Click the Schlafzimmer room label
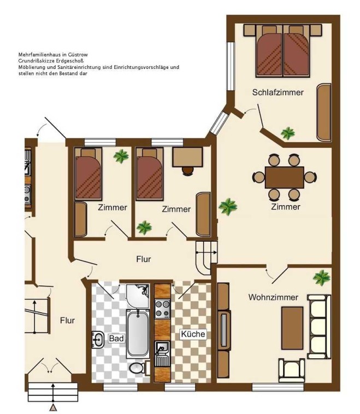(x=278, y=92)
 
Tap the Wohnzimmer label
(x=273, y=298)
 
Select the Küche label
(x=193, y=334)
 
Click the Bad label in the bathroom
(x=116, y=338)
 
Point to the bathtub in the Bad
(x=138, y=334)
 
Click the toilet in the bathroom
(x=138, y=368)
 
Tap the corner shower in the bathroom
(x=138, y=296)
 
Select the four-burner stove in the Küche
(x=162, y=309)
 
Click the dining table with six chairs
(x=284, y=177)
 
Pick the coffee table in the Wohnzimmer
(x=292, y=328)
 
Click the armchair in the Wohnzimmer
(x=291, y=370)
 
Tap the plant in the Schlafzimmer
(x=287, y=133)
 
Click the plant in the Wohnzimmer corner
(x=322, y=278)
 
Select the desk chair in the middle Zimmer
(x=188, y=171)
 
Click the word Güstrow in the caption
(x=78, y=55)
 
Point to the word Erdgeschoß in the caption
(x=70, y=61)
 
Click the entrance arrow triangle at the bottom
(x=54, y=408)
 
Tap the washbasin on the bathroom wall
(x=98, y=340)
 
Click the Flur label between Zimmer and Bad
(x=144, y=259)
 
